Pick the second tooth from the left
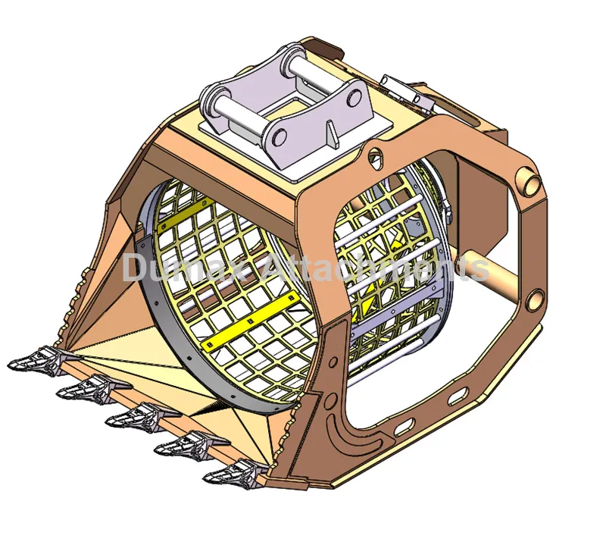coord(84,388)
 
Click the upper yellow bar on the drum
coord(186,208)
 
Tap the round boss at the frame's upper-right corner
coord(527,181)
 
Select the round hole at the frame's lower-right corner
coord(533,297)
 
